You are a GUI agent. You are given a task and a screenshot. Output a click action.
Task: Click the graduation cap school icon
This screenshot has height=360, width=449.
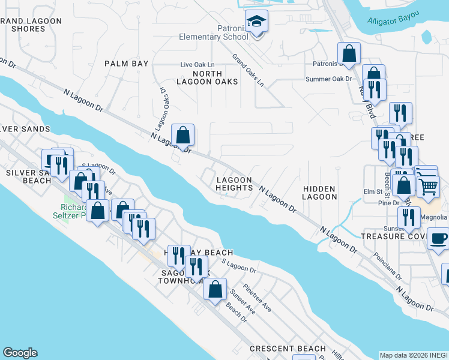257,23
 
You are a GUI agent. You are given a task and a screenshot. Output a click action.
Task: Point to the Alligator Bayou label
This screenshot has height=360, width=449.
394,21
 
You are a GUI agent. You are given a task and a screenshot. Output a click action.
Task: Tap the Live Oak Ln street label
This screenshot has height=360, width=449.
197,65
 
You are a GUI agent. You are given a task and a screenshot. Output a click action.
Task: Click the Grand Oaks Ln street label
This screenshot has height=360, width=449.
248,70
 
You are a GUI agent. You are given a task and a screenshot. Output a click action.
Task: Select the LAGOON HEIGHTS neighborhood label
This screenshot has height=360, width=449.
234,184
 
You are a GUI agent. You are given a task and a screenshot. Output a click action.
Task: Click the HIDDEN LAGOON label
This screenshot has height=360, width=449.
319,192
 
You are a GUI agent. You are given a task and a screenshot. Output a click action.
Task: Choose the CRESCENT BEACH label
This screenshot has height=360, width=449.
288,349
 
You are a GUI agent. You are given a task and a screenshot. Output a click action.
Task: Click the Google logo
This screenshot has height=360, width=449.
20,353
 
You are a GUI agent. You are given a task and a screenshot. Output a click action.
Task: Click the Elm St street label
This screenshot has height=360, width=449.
372,192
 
